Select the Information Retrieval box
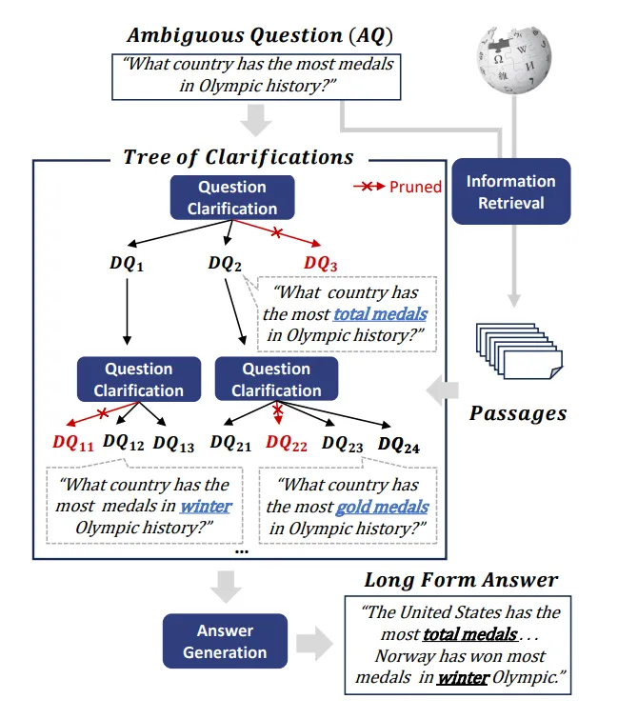510,191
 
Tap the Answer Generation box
226,642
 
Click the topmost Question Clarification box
232,198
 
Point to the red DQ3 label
321,264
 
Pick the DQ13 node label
173,443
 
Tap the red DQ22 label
286,443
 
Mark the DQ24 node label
398,444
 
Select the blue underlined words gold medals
382,507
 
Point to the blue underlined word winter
206,507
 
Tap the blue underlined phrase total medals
380,313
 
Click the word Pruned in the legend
415,187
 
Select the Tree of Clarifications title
238,157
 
